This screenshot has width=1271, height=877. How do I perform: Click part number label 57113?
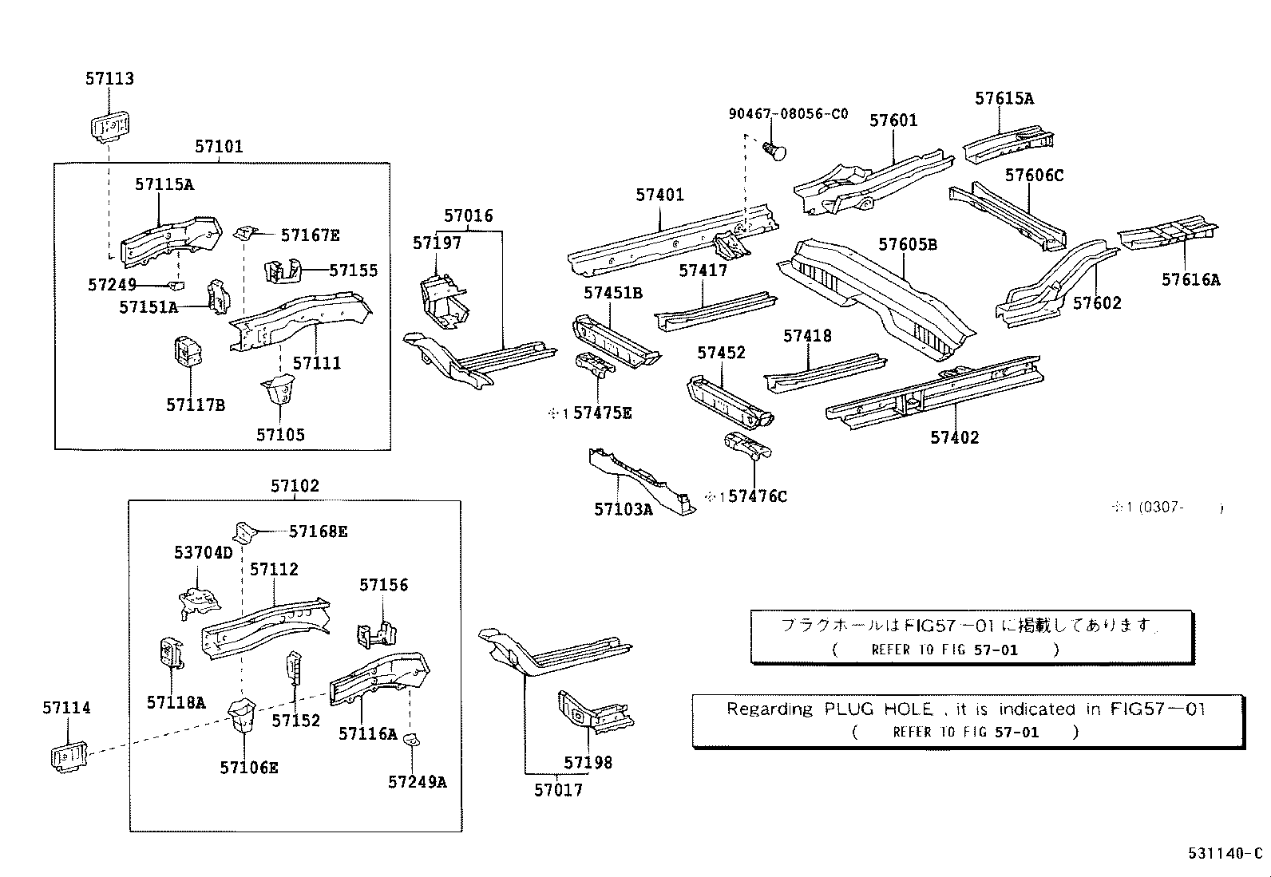point(110,78)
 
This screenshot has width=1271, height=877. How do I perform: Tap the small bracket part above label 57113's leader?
point(110,126)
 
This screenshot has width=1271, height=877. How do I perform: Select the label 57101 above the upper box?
point(219,146)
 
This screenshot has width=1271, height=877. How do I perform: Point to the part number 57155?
point(354,271)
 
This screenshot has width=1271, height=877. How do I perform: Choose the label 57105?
point(280,435)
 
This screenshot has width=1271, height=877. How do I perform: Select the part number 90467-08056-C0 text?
point(788,114)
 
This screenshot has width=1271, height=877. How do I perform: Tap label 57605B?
point(908,244)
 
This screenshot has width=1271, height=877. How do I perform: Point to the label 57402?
point(954,437)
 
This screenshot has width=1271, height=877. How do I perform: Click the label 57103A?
point(623,509)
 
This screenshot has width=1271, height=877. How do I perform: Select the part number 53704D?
point(203,552)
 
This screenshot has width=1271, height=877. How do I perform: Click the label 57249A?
point(417,782)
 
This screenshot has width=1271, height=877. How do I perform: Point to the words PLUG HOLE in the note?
point(878,709)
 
